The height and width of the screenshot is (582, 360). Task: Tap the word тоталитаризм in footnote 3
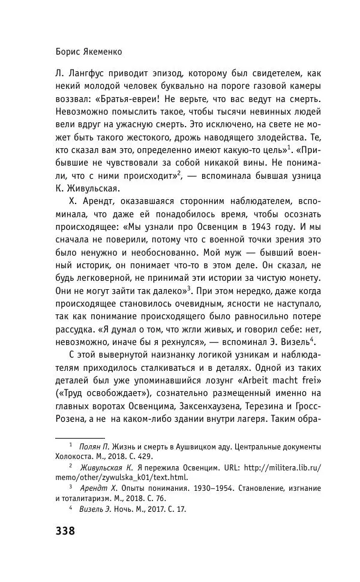pyautogui.click(x=92, y=498)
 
